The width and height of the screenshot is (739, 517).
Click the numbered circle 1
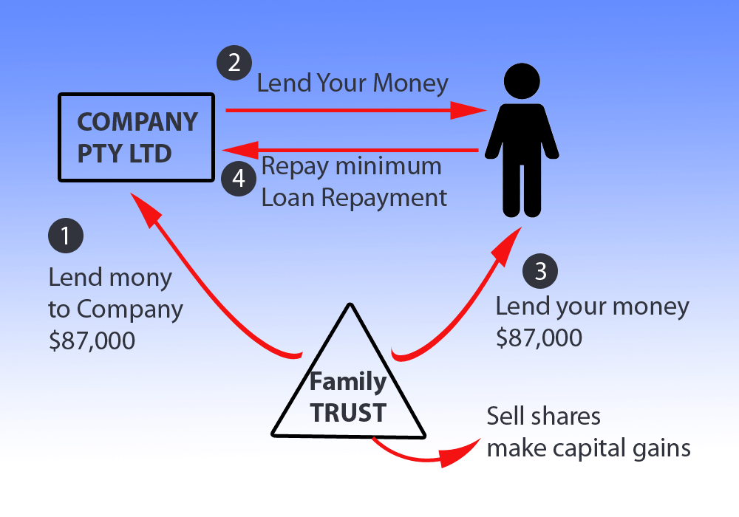pyautogui.click(x=66, y=235)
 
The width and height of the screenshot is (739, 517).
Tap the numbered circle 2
pyautogui.click(x=234, y=62)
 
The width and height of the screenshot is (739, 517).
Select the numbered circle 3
pyautogui.click(x=540, y=271)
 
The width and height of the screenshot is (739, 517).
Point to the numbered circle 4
pyautogui.click(x=239, y=177)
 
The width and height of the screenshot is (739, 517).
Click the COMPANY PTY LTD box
pyautogui.click(x=137, y=137)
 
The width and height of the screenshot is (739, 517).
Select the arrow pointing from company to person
pyautogui.click(x=355, y=111)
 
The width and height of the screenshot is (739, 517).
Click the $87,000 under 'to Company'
pyautogui.click(x=92, y=340)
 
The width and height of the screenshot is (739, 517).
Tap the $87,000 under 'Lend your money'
pyautogui.click(x=539, y=337)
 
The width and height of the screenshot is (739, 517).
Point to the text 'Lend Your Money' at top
pyautogui.click(x=353, y=83)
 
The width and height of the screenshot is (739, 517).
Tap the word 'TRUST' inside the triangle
pyautogui.click(x=348, y=412)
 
